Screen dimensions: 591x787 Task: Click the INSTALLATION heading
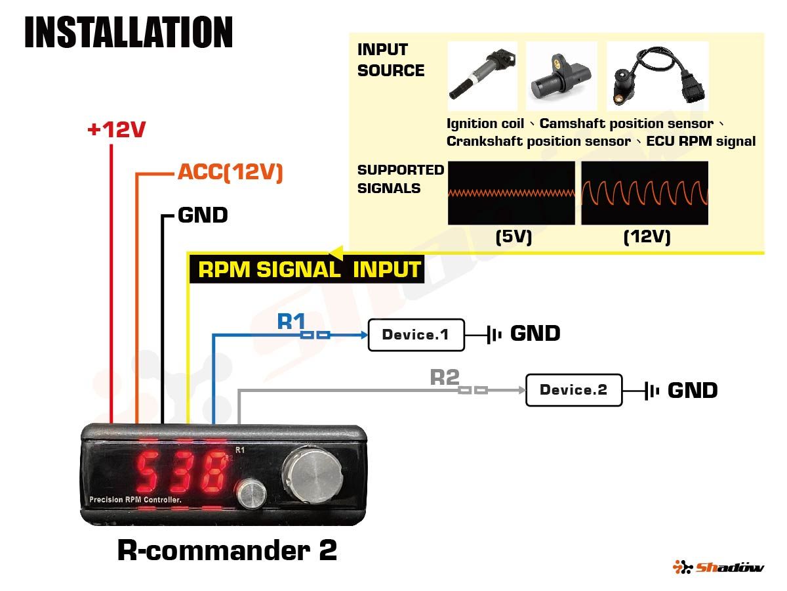129,32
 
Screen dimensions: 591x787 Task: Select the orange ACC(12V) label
230,173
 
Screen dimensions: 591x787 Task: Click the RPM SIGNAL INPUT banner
308,270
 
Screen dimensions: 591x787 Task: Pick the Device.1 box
416,335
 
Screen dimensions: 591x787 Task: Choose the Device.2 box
573,390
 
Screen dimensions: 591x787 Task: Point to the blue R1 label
292,321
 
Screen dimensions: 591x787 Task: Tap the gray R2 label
444,377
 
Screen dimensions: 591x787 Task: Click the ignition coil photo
482,76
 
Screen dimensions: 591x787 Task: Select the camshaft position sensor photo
561,76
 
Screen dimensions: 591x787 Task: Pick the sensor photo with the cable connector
657,76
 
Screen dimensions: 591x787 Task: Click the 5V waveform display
511,193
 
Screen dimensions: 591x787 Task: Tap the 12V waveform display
645,193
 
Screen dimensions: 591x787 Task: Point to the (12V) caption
647,236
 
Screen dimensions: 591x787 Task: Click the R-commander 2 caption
227,550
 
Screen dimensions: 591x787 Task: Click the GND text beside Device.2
692,391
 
